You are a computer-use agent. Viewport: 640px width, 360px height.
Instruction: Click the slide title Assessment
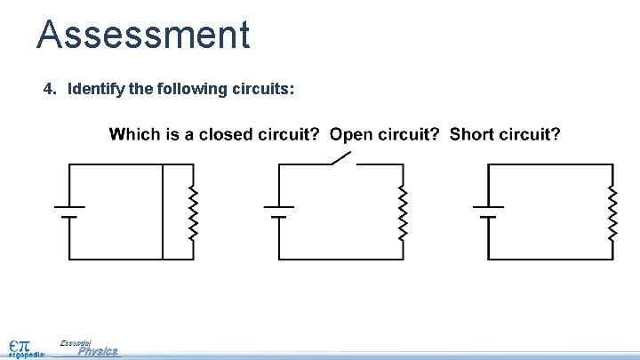point(143,36)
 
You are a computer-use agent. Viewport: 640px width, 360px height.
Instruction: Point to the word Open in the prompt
point(348,135)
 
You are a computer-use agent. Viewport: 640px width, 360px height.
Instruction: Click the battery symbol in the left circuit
point(69,212)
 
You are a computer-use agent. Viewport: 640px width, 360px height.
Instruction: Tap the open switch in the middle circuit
point(342,159)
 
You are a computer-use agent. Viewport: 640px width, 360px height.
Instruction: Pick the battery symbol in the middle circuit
point(279,212)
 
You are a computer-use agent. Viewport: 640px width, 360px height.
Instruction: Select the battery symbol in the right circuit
point(489,212)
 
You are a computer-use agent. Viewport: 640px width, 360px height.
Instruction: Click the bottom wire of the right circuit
point(551,259)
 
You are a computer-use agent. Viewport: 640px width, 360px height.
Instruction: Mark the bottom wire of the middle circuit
point(341,259)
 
